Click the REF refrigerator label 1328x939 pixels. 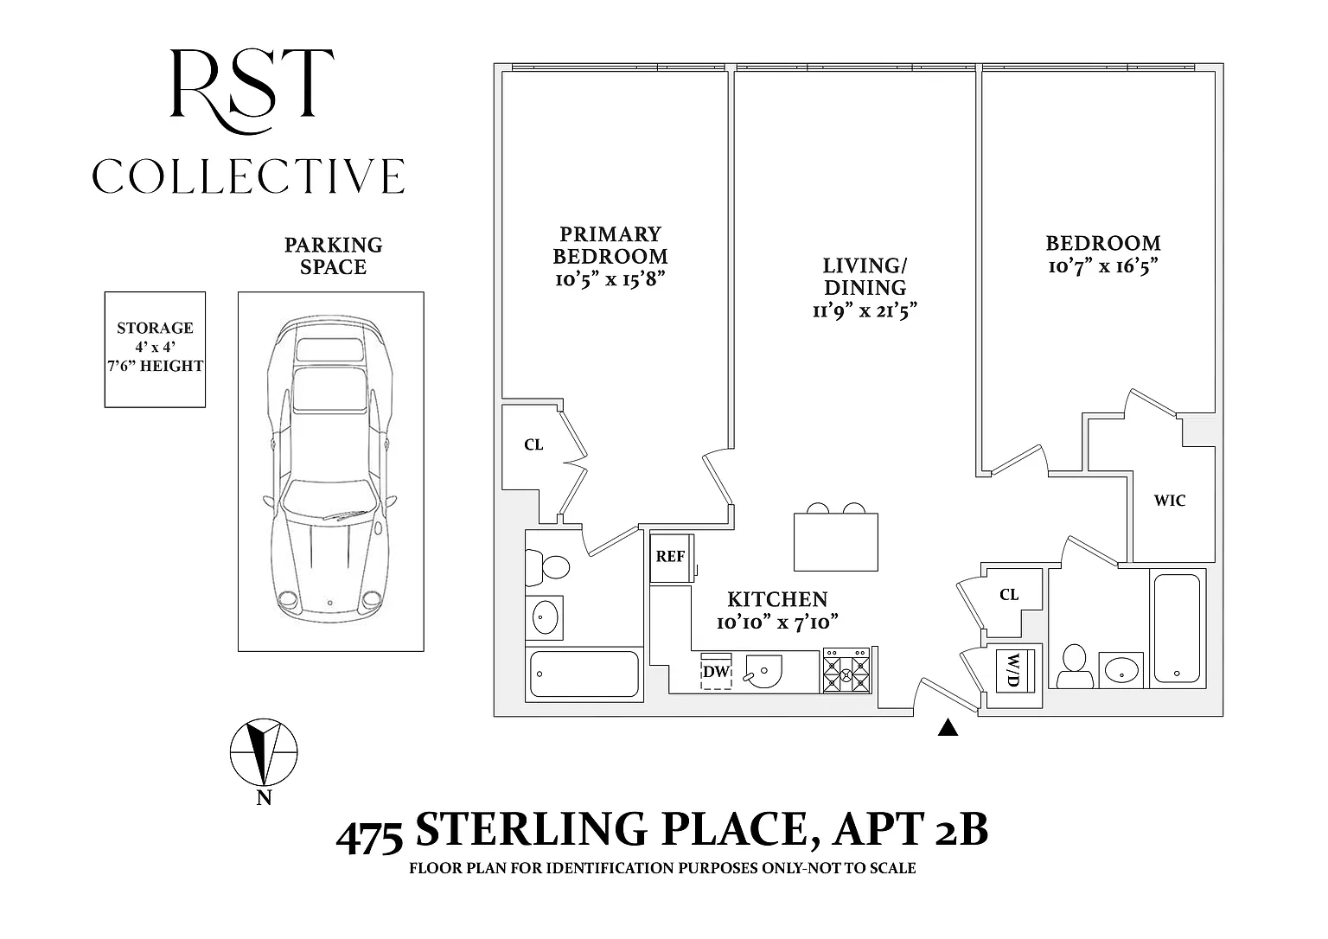pyautogui.click(x=670, y=556)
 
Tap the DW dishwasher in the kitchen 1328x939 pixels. pyautogui.click(x=716, y=671)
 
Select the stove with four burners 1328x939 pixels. pyautogui.click(x=846, y=670)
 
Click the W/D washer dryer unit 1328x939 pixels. pyautogui.click(x=1015, y=670)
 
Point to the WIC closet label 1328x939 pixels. pyautogui.click(x=1169, y=501)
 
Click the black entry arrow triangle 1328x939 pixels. pyautogui.click(x=948, y=727)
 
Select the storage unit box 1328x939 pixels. pyautogui.click(x=155, y=349)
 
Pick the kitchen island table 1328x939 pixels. pyautogui.click(x=835, y=542)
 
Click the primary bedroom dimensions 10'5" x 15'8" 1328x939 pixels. pyautogui.click(x=610, y=278)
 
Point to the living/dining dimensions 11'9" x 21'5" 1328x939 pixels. pyautogui.click(x=865, y=310)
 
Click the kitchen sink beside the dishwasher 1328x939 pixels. pyautogui.click(x=763, y=671)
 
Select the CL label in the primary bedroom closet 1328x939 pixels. pyautogui.click(x=533, y=444)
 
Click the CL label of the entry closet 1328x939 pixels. pyautogui.click(x=1008, y=595)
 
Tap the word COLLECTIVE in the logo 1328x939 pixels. pyautogui.click(x=248, y=176)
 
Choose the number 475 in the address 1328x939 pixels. pyautogui.click(x=369, y=837)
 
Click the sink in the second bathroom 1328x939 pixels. pyautogui.click(x=1121, y=670)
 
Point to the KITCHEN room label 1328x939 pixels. pyautogui.click(x=777, y=599)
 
